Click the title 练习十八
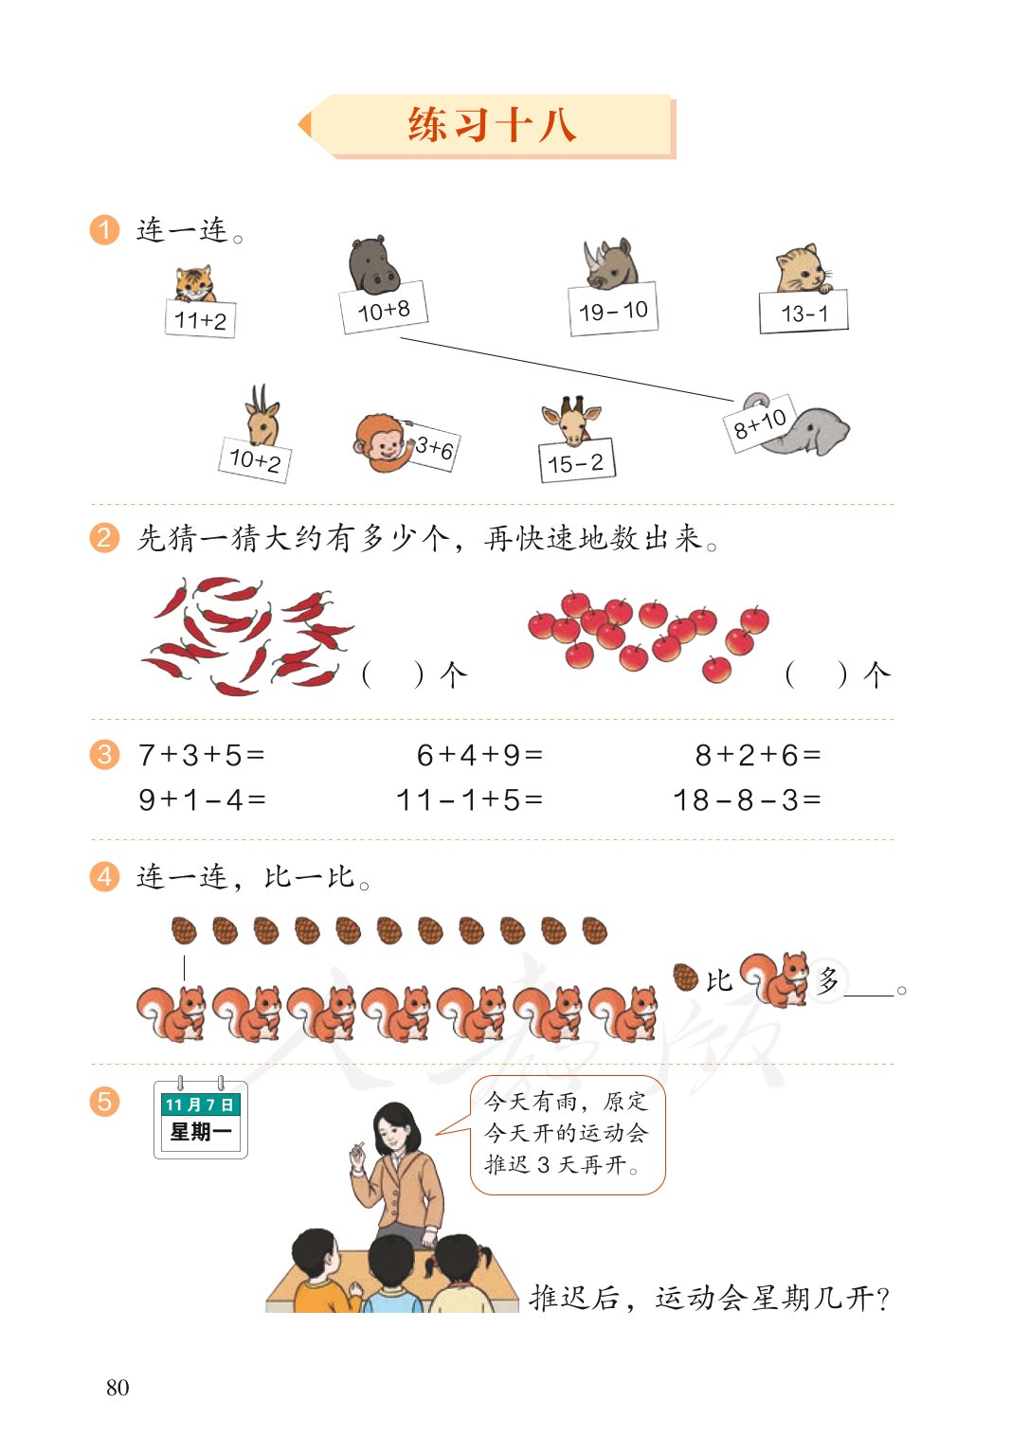tap(492, 125)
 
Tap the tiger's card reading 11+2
tap(200, 320)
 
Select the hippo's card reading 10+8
tap(384, 310)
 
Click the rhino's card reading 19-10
tap(613, 311)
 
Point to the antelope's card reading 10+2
tap(255, 460)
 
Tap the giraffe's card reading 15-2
tap(576, 463)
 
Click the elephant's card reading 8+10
tap(760, 423)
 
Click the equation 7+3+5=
tap(202, 755)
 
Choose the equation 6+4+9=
tap(480, 755)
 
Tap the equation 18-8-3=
tap(747, 800)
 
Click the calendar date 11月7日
tap(199, 1104)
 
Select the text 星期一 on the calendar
tap(200, 1131)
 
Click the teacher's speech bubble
tap(568, 1134)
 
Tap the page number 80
tap(117, 1388)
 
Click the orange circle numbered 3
tap(104, 755)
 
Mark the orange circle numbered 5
tap(104, 1102)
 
